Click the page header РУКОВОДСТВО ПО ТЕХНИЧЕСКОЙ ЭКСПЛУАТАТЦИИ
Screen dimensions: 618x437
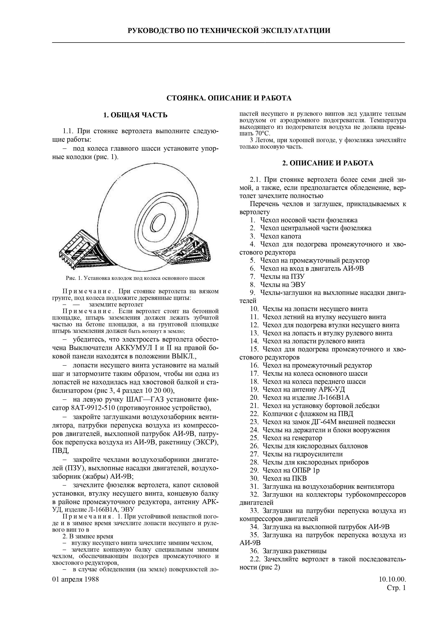(229, 30)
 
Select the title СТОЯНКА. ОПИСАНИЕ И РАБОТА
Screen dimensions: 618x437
(229, 98)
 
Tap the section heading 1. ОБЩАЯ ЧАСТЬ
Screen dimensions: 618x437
(136, 115)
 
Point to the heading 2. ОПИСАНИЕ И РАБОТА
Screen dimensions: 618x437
(328, 163)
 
